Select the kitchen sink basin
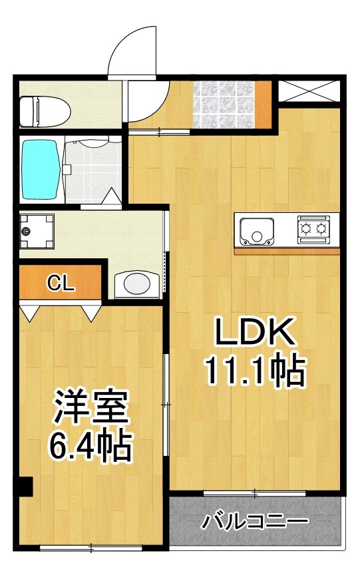(x=256, y=230)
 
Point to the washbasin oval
(x=138, y=284)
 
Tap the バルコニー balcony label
(x=256, y=520)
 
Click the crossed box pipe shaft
(x=309, y=91)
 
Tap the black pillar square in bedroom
(x=25, y=487)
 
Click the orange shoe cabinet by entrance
(x=266, y=102)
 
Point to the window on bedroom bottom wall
(x=90, y=548)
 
